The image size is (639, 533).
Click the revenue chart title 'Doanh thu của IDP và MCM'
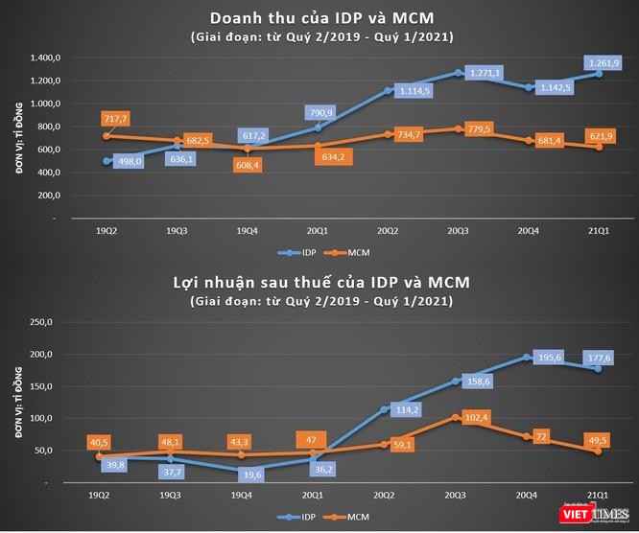320,18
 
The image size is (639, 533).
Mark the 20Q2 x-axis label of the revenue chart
388,230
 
